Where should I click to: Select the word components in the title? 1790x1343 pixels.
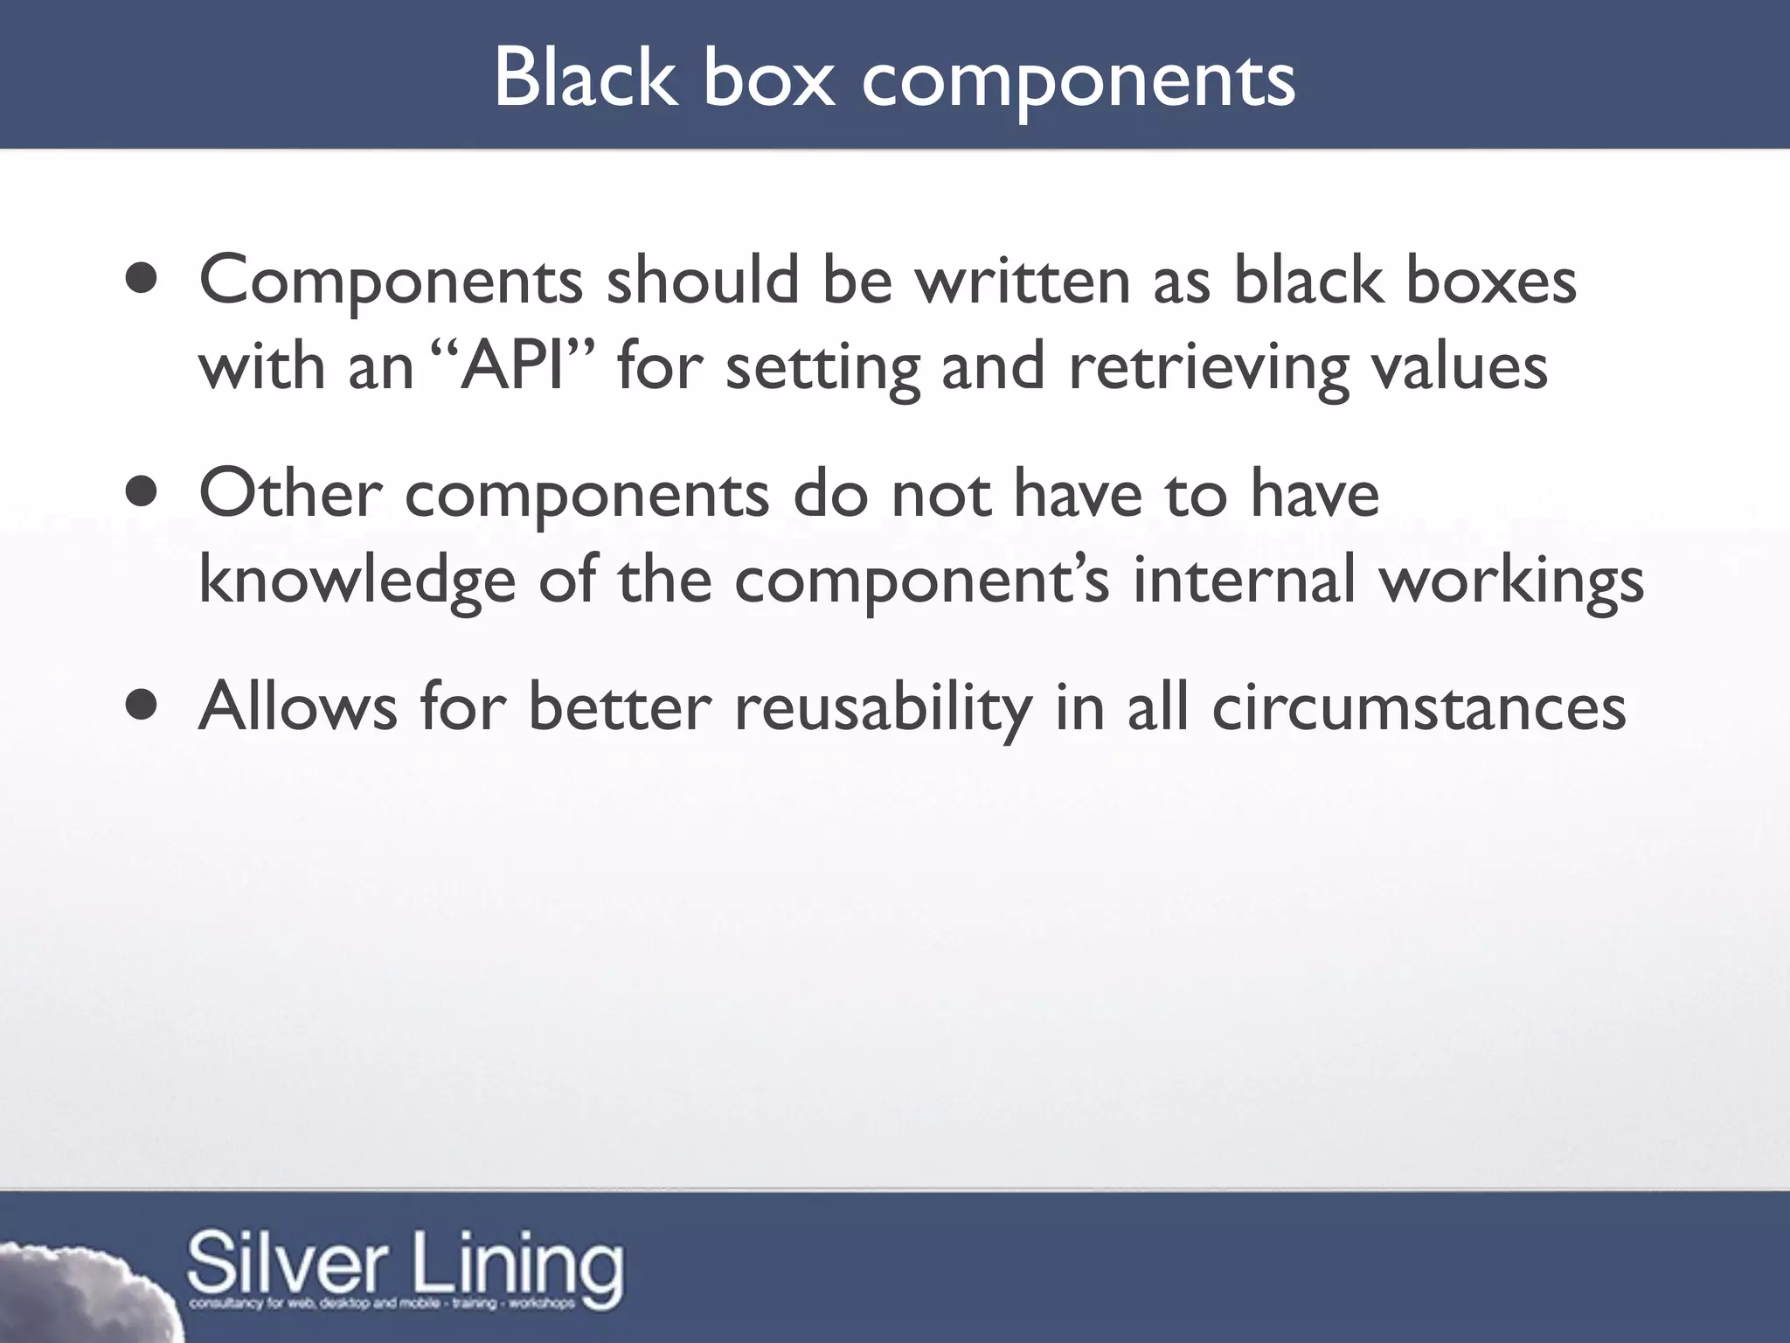click(x=1078, y=83)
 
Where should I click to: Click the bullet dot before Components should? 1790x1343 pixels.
click(x=141, y=281)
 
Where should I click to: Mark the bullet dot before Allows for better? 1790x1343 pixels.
click(x=141, y=706)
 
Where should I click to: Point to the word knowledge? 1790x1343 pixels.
click(x=357, y=581)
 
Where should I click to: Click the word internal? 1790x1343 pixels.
click(x=1244, y=579)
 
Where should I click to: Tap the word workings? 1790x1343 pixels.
click(x=1511, y=581)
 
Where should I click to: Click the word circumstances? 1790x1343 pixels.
click(x=1419, y=706)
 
